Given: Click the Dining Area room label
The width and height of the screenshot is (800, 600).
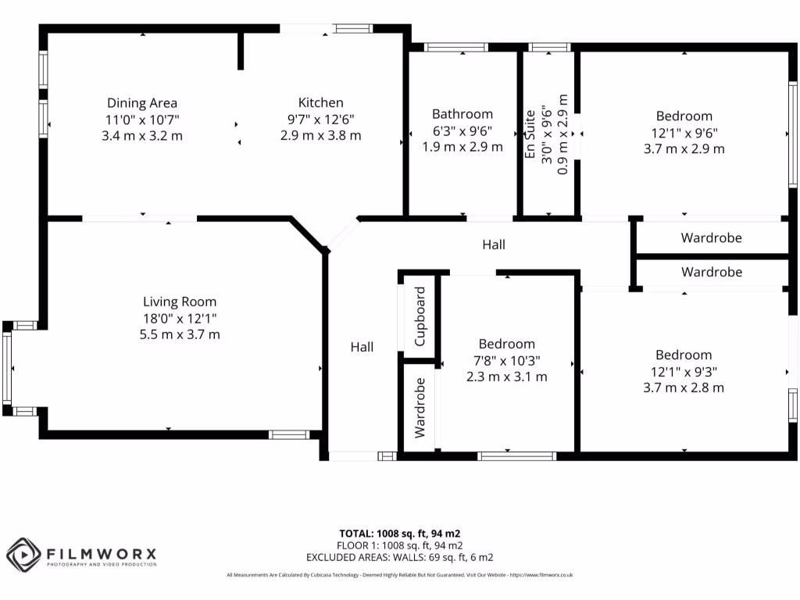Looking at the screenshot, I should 142,103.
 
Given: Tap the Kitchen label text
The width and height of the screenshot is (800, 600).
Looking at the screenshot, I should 320,102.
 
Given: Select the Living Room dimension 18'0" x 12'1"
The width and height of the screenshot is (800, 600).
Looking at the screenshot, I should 180,318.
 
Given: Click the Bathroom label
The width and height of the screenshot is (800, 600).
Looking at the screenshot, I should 462,114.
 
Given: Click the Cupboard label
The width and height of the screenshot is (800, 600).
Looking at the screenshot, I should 420,316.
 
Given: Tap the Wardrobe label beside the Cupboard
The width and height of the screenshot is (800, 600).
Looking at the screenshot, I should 420,407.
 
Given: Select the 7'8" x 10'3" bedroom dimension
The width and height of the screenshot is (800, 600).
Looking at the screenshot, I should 507,360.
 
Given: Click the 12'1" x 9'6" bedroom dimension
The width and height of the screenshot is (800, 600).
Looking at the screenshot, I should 684,132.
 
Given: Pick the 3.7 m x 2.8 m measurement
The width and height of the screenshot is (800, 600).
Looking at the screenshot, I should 684,387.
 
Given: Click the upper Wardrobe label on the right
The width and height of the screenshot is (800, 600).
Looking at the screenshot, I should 711,237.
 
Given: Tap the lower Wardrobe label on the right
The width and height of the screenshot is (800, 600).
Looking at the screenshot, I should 711,272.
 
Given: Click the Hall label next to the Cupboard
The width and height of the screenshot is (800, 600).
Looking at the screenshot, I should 362,347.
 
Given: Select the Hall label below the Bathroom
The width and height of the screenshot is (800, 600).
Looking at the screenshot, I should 493,245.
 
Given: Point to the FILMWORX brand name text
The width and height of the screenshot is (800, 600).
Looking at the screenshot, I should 102,553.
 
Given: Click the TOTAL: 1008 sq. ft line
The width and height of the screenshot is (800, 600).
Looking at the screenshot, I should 399,534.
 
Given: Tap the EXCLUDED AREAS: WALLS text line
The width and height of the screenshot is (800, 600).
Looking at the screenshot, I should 399,557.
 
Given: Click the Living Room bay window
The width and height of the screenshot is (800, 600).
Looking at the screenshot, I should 7,368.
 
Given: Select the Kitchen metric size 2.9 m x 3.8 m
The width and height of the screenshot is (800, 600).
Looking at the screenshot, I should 320,135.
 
